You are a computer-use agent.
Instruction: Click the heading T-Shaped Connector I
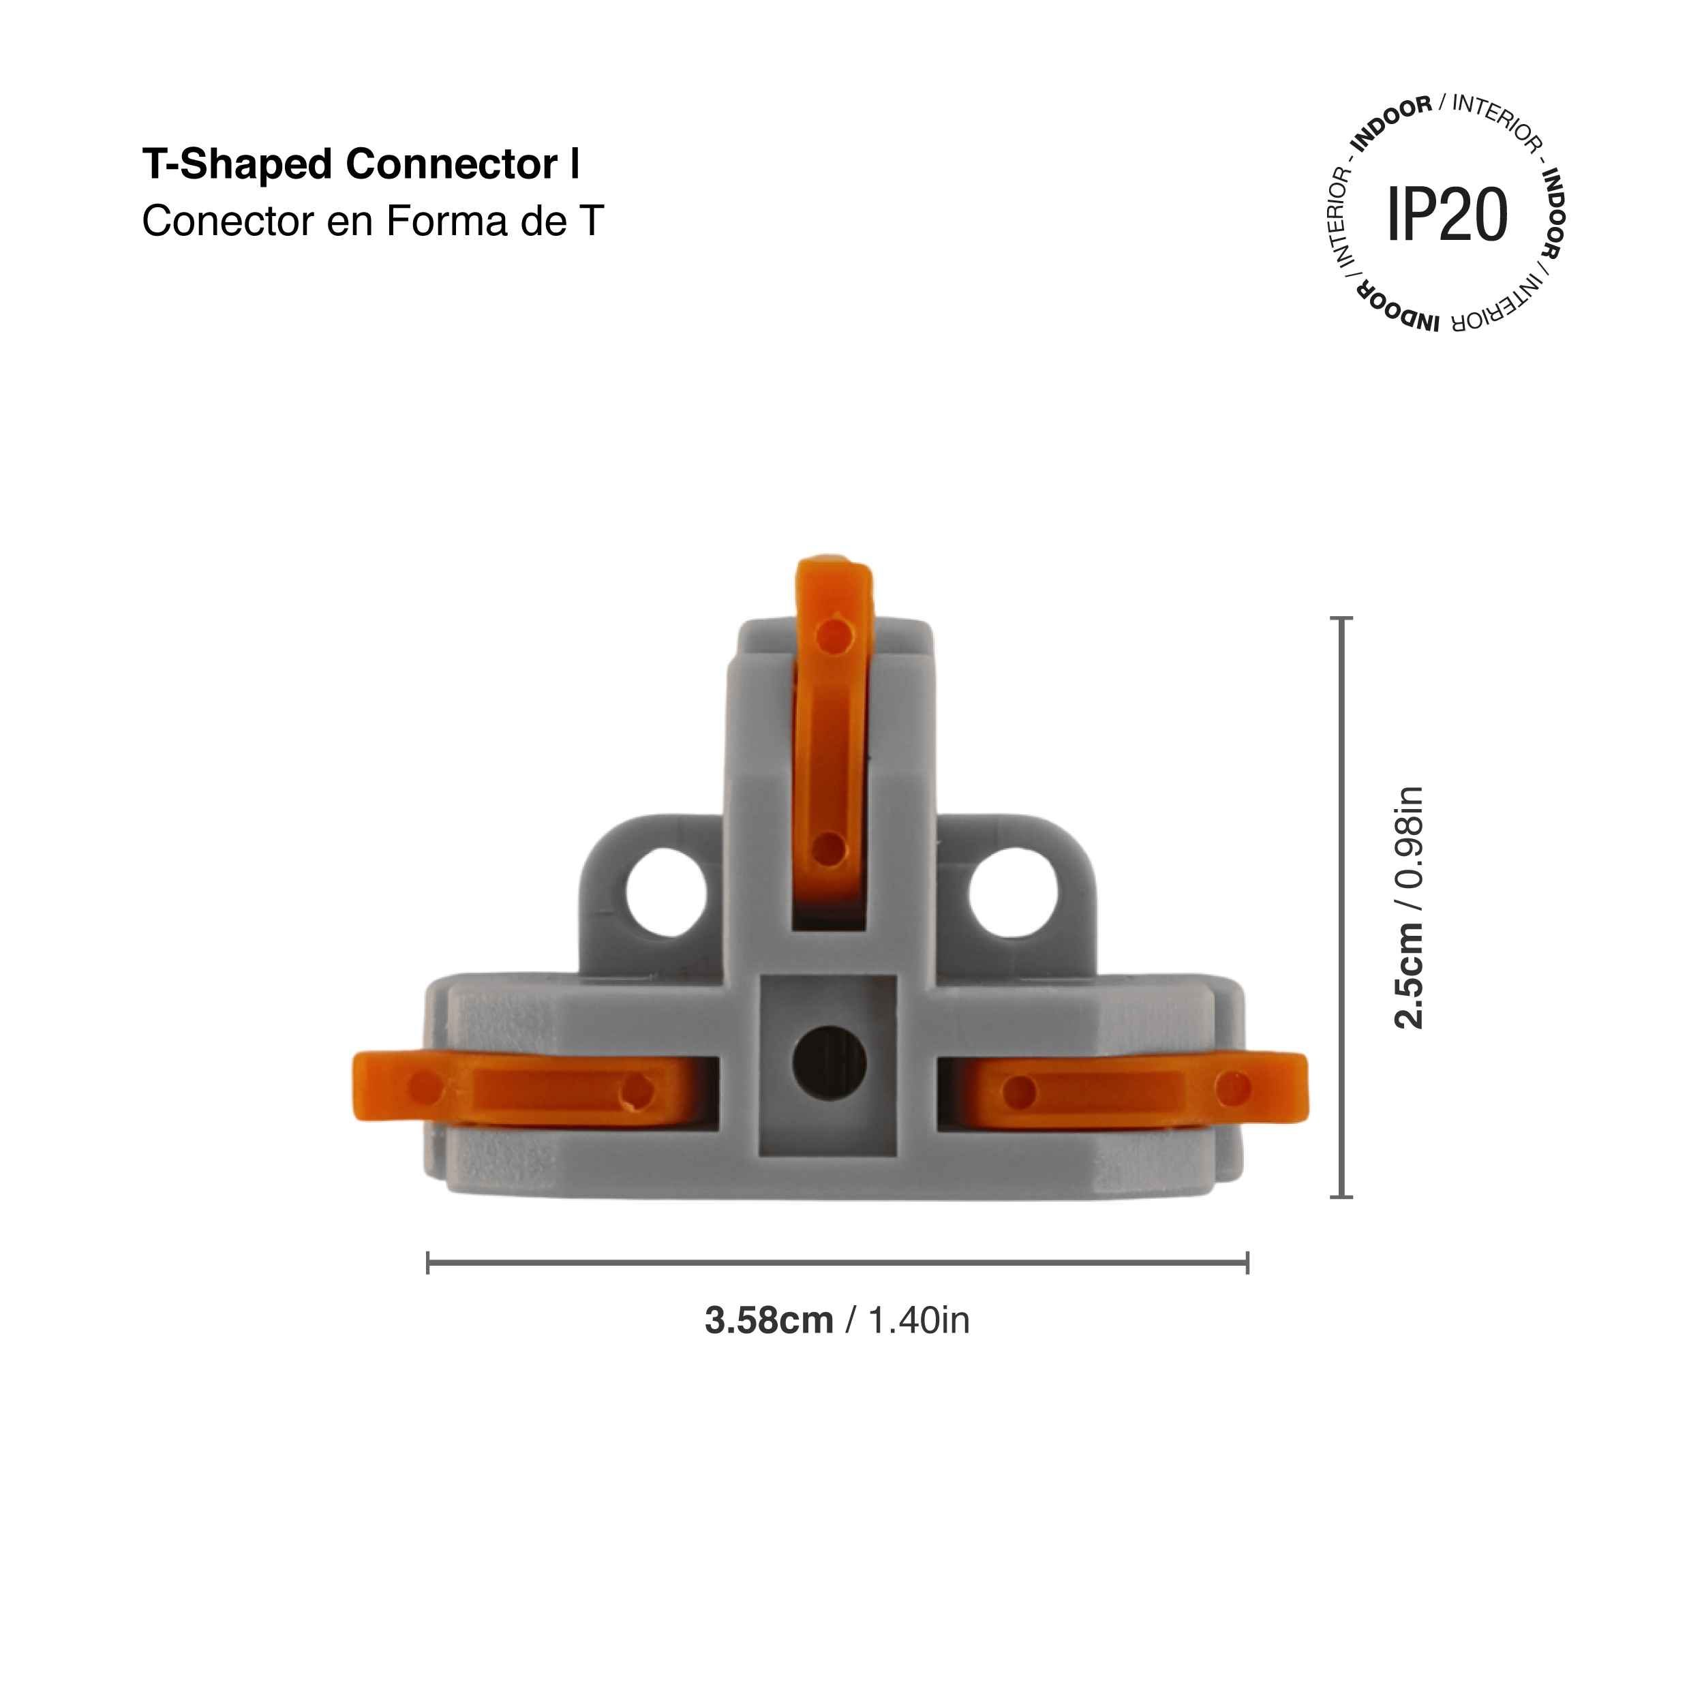tap(361, 165)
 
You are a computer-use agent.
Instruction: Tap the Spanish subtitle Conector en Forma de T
tap(372, 222)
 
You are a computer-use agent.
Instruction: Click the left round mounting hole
tap(666, 893)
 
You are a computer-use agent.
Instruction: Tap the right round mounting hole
tap(1013, 893)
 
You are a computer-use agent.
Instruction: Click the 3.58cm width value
tap(768, 1321)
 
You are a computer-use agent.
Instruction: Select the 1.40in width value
tap(918, 1321)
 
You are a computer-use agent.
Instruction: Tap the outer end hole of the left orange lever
tap(426, 1089)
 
